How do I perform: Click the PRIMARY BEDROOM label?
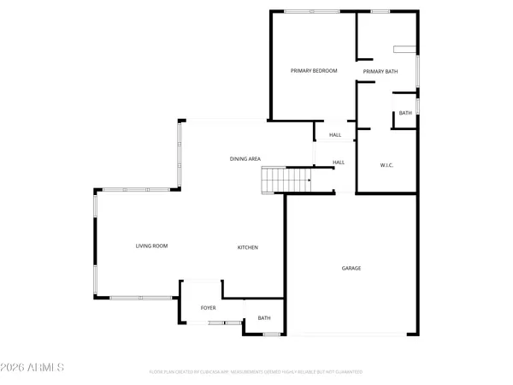pyautogui.click(x=314, y=71)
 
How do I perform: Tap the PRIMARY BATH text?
pyautogui.click(x=380, y=71)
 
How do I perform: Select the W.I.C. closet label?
pyautogui.click(x=386, y=164)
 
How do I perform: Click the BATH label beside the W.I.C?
pyautogui.click(x=405, y=113)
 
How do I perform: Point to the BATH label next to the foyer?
pyautogui.click(x=264, y=318)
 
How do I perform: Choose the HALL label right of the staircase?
pyautogui.click(x=339, y=163)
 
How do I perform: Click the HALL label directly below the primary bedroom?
pyautogui.click(x=335, y=134)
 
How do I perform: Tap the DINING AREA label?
pyautogui.click(x=245, y=158)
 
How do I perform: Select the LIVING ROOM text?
pyautogui.click(x=151, y=246)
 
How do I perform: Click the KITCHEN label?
pyautogui.click(x=248, y=247)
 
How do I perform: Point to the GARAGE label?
pyautogui.click(x=351, y=269)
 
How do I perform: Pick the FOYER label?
pyautogui.click(x=208, y=307)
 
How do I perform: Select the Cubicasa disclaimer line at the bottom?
pyautogui.click(x=256, y=372)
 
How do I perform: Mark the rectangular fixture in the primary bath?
pyautogui.click(x=404, y=48)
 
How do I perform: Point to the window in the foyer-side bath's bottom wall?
pyautogui.click(x=270, y=334)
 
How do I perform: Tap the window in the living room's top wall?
pyautogui.click(x=137, y=189)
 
